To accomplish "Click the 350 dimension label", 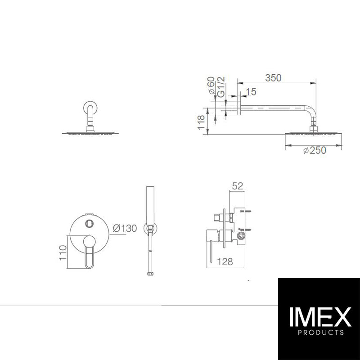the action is click(273, 78).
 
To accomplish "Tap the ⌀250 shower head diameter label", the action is click(315, 150).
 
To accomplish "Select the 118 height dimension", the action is click(201, 122).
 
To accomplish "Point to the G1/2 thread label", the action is click(221, 87).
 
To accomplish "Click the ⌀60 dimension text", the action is click(211, 85).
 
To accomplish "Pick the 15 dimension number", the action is click(251, 92).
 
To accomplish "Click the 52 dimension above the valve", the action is click(238, 186).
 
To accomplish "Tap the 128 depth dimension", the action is click(225, 261).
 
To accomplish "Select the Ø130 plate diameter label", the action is click(125, 228).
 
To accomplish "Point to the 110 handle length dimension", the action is click(63, 253).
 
